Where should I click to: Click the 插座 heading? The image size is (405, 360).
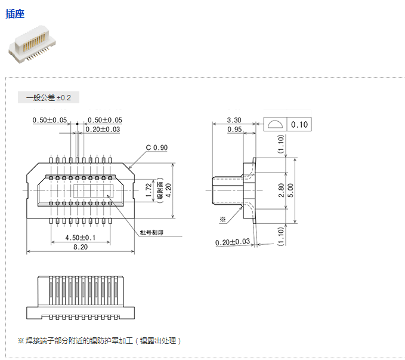16,14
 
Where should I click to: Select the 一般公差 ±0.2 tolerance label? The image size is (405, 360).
49,97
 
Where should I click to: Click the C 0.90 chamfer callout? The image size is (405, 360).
157,147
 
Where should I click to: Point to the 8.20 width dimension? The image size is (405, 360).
80,247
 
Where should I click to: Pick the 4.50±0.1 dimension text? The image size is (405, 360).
79,238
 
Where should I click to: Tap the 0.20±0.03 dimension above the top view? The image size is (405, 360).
103,129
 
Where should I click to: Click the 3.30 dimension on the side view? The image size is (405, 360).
234,120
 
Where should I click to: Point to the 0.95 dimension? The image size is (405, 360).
234,129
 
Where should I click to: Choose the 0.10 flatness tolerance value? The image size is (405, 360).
300,125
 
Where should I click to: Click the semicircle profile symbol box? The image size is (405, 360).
276,125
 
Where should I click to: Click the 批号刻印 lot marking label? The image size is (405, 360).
152,232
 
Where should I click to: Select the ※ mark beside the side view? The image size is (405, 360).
222,219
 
